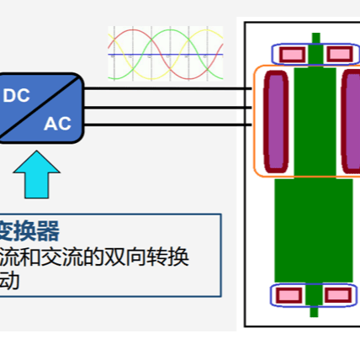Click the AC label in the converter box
pyautogui.click(x=57, y=124)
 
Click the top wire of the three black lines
pyautogui.click(x=168, y=88)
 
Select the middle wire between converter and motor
pyautogui.click(x=168, y=106)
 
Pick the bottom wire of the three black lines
pyautogui.click(x=168, y=124)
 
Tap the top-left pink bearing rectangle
pyautogui.click(x=291, y=55)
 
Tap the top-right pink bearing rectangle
pyautogui.click(x=338, y=55)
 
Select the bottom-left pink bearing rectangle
pyautogui.click(x=291, y=295)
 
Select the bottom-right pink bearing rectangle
pyautogui.click(x=337, y=295)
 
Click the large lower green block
pyautogui.click(x=314, y=229)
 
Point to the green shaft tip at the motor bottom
pyautogui.click(x=315, y=312)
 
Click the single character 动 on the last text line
pyautogui.click(x=10, y=280)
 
